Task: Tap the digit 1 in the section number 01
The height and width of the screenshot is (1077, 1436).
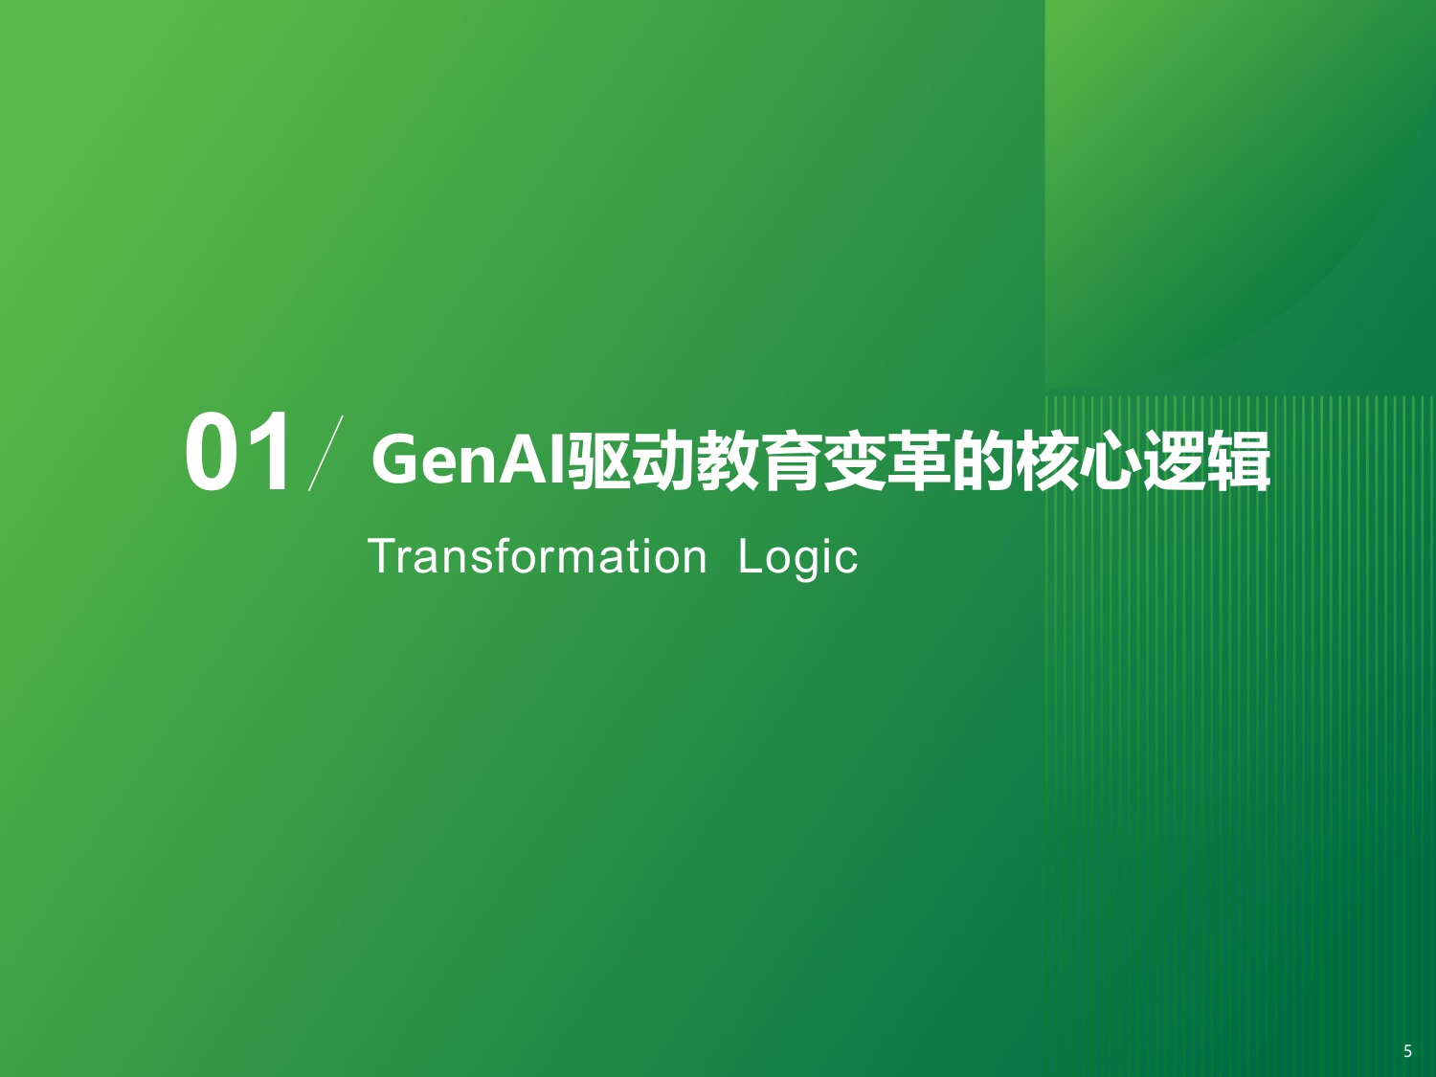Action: (267, 452)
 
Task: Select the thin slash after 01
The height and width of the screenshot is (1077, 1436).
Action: (325, 453)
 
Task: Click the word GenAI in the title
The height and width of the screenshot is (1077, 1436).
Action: (469, 460)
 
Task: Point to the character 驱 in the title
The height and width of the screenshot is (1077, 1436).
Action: (600, 461)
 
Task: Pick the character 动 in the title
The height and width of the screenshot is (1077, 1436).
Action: (663, 461)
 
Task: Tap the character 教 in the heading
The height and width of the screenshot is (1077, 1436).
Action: (728, 461)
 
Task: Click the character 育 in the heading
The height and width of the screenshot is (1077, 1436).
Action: (792, 461)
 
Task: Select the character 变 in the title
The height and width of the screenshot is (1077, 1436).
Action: (855, 461)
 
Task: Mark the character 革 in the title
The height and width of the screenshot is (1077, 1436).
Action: (919, 461)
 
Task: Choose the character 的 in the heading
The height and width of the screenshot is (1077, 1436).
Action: (983, 461)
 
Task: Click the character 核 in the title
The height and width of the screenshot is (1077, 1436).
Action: (1047, 461)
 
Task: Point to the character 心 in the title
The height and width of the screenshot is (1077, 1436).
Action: (1111, 461)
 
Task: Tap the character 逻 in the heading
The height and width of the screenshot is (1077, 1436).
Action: (1176, 461)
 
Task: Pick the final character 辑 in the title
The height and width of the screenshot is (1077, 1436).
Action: (1240, 461)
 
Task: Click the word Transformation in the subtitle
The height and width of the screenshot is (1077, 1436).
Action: (537, 556)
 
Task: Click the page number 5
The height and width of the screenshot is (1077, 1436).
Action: (1407, 1051)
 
